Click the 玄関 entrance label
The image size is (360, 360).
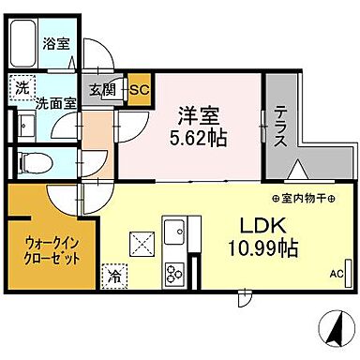[101, 90]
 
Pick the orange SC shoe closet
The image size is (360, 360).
[140, 90]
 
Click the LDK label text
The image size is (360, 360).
[265, 226]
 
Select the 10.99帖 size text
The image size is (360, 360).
[265, 249]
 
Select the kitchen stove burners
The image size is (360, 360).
[175, 274]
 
